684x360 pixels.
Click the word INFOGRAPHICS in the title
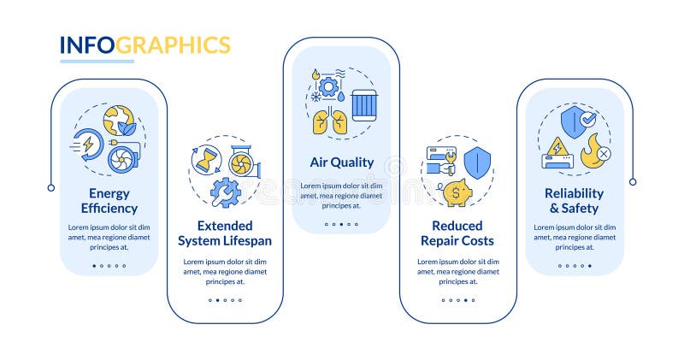(x=144, y=44)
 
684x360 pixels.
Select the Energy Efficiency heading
(x=109, y=200)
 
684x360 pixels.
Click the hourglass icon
(x=206, y=159)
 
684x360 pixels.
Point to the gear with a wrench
(x=224, y=192)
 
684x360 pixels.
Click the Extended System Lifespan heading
(x=224, y=233)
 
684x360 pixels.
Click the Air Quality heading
(x=341, y=162)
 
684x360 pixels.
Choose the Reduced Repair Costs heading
(x=457, y=233)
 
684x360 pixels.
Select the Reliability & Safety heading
(x=574, y=200)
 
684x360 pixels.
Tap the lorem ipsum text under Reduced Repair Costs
(x=457, y=270)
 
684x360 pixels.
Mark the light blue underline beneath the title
(x=97, y=62)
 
